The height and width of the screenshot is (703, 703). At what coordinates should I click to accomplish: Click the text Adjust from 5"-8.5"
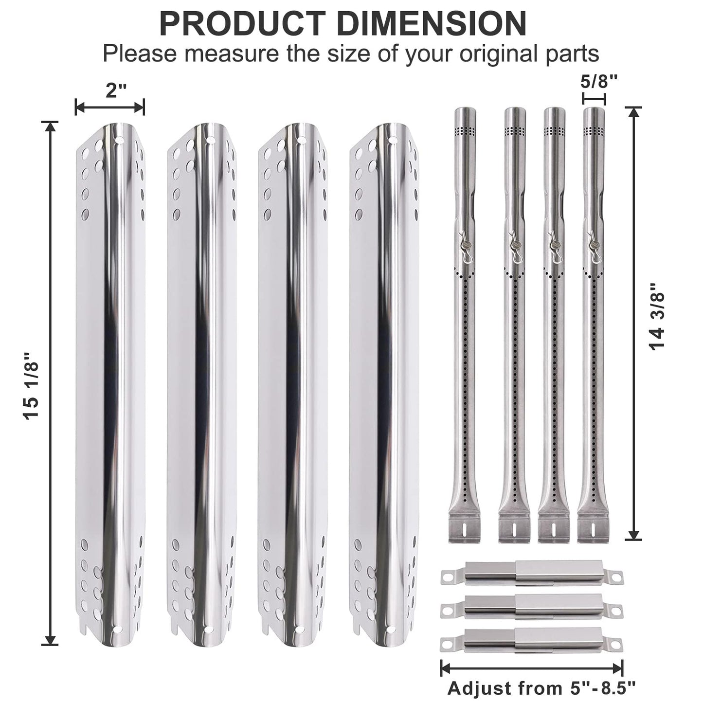click(541, 688)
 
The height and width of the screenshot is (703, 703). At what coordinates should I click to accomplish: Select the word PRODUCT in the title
click(242, 24)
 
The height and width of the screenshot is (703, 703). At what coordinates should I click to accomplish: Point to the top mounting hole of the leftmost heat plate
click(119, 139)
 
